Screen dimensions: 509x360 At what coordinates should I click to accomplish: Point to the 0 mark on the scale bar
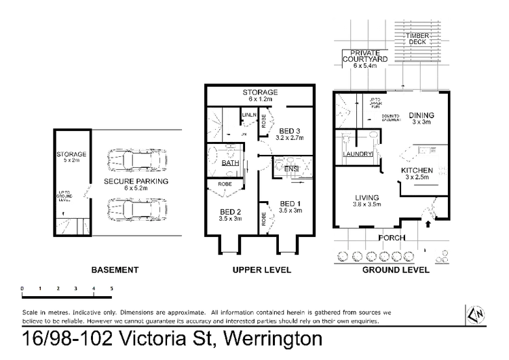23,288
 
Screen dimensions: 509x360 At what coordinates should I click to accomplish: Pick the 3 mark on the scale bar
76,288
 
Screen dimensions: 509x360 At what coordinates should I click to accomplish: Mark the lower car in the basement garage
136,209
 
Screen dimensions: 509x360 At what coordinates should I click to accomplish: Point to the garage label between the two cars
136,183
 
